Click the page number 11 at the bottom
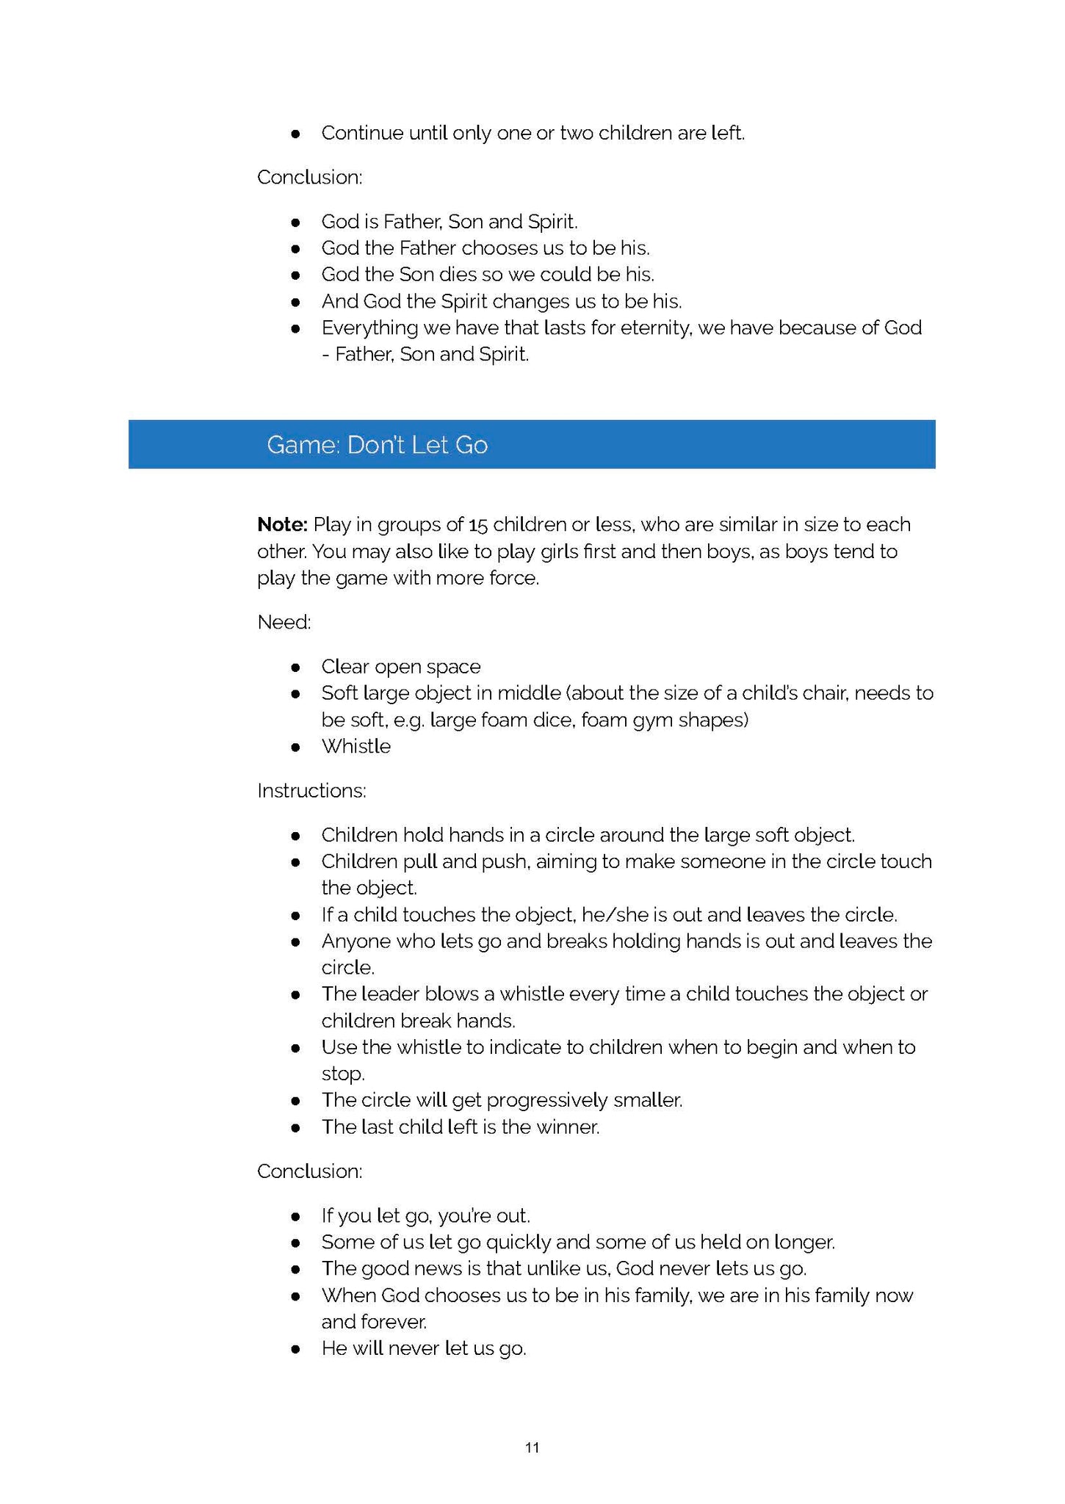pyautogui.click(x=532, y=1447)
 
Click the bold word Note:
pyautogui.click(x=282, y=524)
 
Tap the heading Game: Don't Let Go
pyautogui.click(x=377, y=445)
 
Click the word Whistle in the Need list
pyautogui.click(x=355, y=746)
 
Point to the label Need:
pyautogui.click(x=284, y=623)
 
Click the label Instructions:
pyautogui.click(x=311, y=791)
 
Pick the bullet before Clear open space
pyautogui.click(x=295, y=668)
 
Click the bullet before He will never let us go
pyautogui.click(x=295, y=1349)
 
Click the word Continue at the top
pyautogui.click(x=362, y=133)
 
